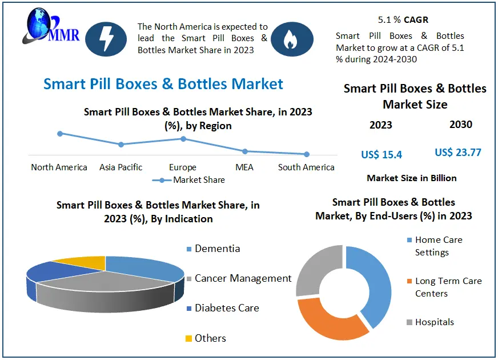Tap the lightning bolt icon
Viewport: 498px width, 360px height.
[106, 39]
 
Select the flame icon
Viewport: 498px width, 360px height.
[292, 39]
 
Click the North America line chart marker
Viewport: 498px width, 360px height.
[59, 133]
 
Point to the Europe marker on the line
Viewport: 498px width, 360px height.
[183, 138]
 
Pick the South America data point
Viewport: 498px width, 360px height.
[307, 154]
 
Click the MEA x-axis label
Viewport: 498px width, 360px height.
[244, 167]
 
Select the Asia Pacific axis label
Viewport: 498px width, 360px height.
[121, 167]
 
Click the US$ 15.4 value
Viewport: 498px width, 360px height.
[381, 154]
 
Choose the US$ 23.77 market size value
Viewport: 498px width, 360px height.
[458, 153]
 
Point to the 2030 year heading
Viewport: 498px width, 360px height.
[461, 125]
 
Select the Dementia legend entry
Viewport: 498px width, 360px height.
[212, 249]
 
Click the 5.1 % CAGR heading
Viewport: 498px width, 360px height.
[404, 19]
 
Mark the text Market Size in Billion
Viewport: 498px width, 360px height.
[412, 178]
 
